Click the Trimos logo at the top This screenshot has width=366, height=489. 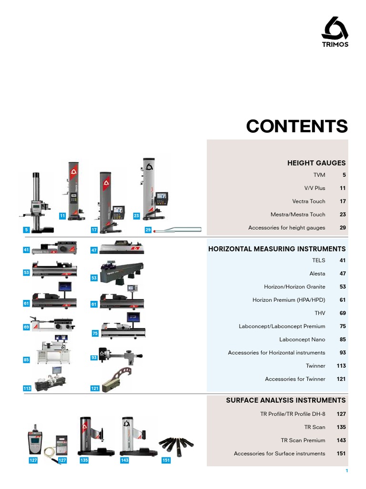click(335, 32)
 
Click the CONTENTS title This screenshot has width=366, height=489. click(297, 127)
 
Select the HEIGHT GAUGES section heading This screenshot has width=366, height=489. click(316, 163)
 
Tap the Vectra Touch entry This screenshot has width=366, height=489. click(309, 202)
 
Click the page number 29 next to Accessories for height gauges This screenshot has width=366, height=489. click(343, 228)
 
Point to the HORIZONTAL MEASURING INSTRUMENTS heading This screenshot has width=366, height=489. click(277, 249)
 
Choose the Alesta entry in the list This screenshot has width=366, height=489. click(317, 274)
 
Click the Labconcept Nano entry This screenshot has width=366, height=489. click(302, 340)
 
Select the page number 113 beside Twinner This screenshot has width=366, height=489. click(341, 366)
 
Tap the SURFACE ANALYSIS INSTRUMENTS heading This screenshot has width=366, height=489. click(285, 400)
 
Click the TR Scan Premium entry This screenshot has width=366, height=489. click(303, 440)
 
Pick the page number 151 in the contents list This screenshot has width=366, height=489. click(341, 454)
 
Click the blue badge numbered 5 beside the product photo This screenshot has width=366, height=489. click(27, 230)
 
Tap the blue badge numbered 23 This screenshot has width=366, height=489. click(136, 216)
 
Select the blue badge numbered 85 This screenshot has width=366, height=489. click(27, 360)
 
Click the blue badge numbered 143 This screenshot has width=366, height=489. click(124, 460)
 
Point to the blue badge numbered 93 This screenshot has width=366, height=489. click(94, 357)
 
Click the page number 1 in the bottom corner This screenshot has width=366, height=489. click(347, 471)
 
